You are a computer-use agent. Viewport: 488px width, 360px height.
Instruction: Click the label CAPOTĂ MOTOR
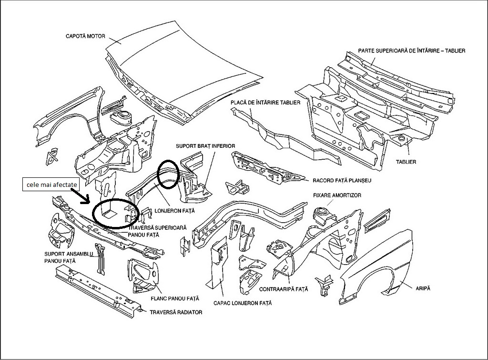85,36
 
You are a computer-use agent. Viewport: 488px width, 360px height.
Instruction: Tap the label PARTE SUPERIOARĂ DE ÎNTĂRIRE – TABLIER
411,51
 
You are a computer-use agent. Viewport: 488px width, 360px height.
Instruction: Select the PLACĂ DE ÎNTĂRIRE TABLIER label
265,103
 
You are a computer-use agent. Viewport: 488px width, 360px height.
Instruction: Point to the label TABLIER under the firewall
406,162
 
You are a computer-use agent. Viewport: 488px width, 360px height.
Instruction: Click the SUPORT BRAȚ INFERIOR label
205,146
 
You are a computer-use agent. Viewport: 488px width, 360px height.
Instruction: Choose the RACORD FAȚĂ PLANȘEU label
342,181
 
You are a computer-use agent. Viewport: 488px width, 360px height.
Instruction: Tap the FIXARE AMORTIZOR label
337,195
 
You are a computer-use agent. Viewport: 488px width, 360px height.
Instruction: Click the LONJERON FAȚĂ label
175,210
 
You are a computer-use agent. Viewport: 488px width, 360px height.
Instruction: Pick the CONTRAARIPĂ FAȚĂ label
283,289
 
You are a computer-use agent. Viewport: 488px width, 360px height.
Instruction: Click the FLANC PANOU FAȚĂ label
174,298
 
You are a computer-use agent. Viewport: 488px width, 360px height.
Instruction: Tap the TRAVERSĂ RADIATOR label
176,313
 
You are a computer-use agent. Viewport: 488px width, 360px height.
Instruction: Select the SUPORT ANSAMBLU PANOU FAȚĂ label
65,257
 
